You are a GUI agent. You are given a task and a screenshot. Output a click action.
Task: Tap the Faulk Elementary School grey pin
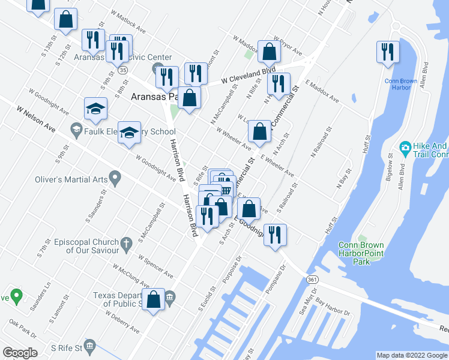point(76,129)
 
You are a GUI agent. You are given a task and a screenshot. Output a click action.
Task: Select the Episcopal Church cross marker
point(125,244)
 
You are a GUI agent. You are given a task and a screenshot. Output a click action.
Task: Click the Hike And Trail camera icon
point(405,148)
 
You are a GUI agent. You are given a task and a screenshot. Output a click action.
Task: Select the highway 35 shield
point(122,70)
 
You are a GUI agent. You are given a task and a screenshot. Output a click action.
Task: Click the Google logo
point(20,353)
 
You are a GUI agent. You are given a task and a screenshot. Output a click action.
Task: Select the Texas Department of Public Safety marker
point(170,296)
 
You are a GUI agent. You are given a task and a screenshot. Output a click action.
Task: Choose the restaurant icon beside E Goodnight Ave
point(275,235)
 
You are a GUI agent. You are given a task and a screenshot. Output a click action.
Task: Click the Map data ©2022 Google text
point(411,355)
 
